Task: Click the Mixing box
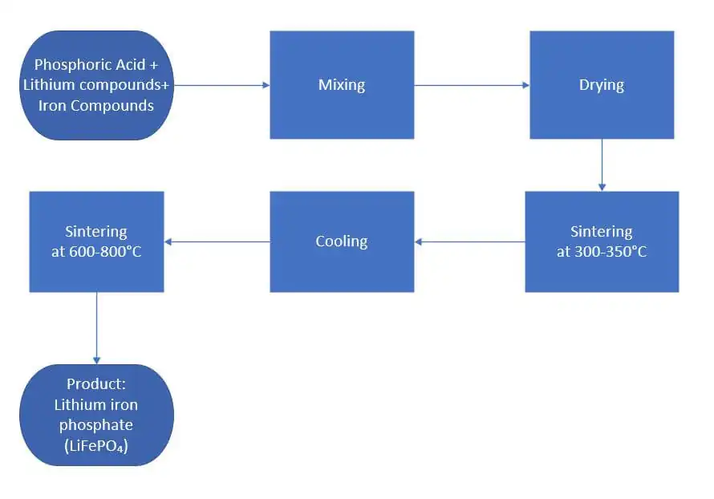tap(342, 85)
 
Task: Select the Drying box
tap(601, 85)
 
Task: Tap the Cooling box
tap(342, 241)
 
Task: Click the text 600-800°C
tap(108, 251)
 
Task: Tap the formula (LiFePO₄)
tap(95, 445)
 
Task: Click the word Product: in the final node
tap(95, 384)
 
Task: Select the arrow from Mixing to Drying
tap(472, 85)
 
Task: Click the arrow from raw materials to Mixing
tap(221, 85)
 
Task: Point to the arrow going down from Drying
tap(602, 164)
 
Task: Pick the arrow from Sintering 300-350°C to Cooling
tap(469, 241)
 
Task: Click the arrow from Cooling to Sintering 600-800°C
tap(217, 241)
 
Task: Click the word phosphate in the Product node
tap(95, 425)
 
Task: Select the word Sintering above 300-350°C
tap(601, 232)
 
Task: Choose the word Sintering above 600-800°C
tap(96, 232)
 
